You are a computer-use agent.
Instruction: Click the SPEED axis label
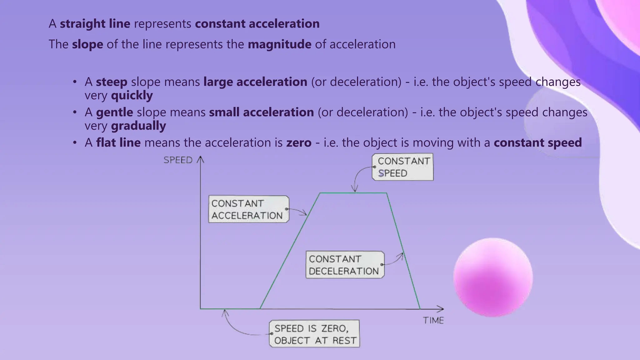click(178, 160)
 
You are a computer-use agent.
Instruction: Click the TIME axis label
click(433, 320)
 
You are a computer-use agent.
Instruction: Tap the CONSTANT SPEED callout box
click(402, 167)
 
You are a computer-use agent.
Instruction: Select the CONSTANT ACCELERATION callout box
click(248, 209)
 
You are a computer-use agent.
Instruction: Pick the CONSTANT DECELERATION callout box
click(345, 265)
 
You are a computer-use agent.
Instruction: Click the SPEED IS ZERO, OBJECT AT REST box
click(314, 334)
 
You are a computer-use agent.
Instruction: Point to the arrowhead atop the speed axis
click(200, 160)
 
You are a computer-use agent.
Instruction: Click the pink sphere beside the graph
click(493, 277)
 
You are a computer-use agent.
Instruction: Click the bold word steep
click(112, 82)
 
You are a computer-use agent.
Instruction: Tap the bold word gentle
click(114, 112)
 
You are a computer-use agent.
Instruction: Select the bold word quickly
click(132, 95)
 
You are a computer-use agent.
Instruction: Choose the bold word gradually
click(138, 126)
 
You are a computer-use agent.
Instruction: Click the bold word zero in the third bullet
click(299, 143)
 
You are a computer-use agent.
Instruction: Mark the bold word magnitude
click(279, 44)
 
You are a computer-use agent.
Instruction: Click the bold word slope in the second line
click(87, 44)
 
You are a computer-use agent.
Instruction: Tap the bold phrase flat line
click(118, 143)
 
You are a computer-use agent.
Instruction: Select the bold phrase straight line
click(95, 24)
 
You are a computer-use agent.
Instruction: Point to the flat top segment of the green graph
click(353, 193)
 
